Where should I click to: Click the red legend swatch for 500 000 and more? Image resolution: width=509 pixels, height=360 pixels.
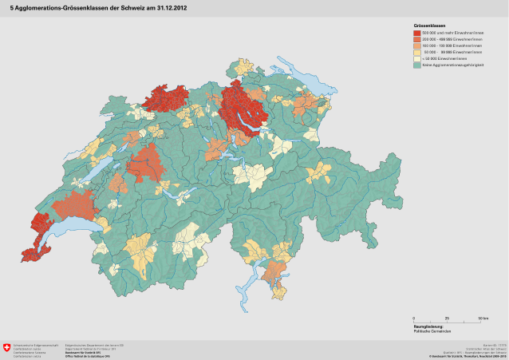(x=417, y=32)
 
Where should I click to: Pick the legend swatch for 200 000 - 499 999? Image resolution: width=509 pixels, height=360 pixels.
(x=417, y=38)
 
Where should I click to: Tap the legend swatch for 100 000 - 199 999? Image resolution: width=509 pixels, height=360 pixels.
(x=417, y=45)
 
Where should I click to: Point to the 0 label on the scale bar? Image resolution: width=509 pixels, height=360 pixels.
(x=414, y=318)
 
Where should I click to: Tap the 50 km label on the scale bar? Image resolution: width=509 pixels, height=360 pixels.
(x=483, y=318)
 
